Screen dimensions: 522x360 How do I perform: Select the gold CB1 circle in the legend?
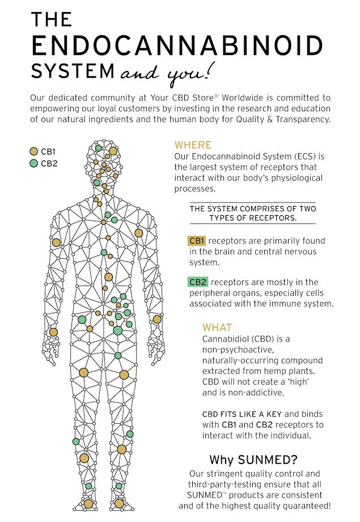[x=33, y=151]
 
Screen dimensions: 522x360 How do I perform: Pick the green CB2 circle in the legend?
[x=33, y=164]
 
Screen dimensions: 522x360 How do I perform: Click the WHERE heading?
[x=193, y=145]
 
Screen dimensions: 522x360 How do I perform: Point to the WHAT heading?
[x=217, y=328]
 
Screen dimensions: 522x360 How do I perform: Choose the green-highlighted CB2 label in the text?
[x=197, y=282]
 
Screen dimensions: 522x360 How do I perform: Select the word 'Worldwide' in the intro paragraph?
[x=236, y=97]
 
